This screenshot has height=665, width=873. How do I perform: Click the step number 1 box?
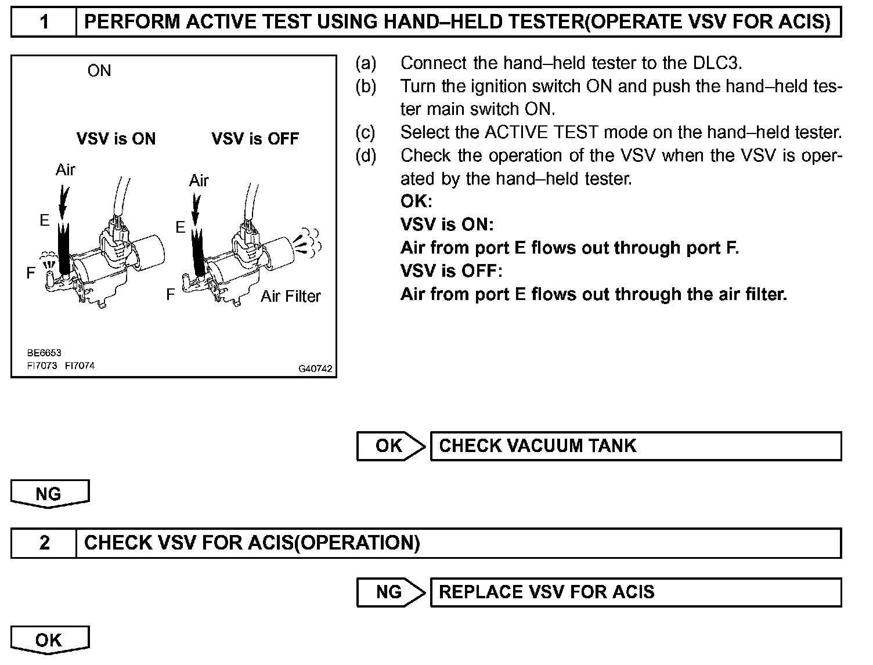click(x=44, y=23)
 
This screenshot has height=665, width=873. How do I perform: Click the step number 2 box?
click(x=44, y=543)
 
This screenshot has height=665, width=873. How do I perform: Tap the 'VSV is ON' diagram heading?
click(x=116, y=139)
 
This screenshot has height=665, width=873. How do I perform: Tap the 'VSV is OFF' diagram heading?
click(x=255, y=139)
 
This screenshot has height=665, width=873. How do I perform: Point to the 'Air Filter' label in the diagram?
click(x=290, y=297)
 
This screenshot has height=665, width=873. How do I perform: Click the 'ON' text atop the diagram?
click(x=99, y=71)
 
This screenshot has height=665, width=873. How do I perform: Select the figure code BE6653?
click(x=44, y=353)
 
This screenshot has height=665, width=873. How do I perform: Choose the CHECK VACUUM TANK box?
click(x=635, y=446)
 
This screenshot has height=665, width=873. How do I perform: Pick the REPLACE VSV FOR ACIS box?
click(x=635, y=592)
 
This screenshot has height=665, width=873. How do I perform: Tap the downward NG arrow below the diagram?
click(x=49, y=494)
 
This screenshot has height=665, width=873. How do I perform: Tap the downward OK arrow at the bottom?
click(x=49, y=640)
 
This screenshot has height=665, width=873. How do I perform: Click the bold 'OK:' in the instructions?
click(x=416, y=201)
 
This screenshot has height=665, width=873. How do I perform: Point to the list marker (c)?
click(x=366, y=132)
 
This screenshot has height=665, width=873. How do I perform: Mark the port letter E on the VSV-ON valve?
click(x=45, y=220)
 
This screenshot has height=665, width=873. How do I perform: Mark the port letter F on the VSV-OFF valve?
click(x=170, y=295)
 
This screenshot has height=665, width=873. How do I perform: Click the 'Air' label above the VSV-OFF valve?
click(x=199, y=180)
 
